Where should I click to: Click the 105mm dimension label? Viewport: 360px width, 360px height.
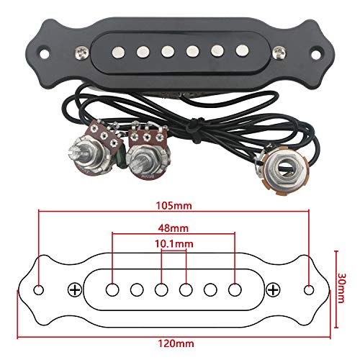[x=174, y=206]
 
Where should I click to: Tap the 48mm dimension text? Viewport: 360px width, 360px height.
[x=174, y=228]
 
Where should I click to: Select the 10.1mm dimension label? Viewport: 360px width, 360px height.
[x=174, y=244]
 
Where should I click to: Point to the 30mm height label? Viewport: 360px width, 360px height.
[x=341, y=288]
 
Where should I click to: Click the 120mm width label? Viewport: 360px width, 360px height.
[x=176, y=343]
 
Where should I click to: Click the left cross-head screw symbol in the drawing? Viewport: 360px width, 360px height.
[x=75, y=290]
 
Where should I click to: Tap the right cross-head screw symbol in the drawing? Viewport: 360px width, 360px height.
[x=273, y=290]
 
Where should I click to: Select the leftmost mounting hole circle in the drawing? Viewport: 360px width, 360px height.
[x=38, y=290]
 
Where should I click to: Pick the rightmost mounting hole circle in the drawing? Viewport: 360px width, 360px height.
[x=309, y=290]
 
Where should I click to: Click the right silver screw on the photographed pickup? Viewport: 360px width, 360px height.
[x=279, y=53]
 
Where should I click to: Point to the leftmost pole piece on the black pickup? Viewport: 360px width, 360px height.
[x=118, y=52]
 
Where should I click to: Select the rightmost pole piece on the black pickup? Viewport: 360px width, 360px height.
[x=242, y=50]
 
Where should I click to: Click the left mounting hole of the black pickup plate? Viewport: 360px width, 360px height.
[x=44, y=53]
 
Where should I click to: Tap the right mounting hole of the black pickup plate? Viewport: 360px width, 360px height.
[x=317, y=53]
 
